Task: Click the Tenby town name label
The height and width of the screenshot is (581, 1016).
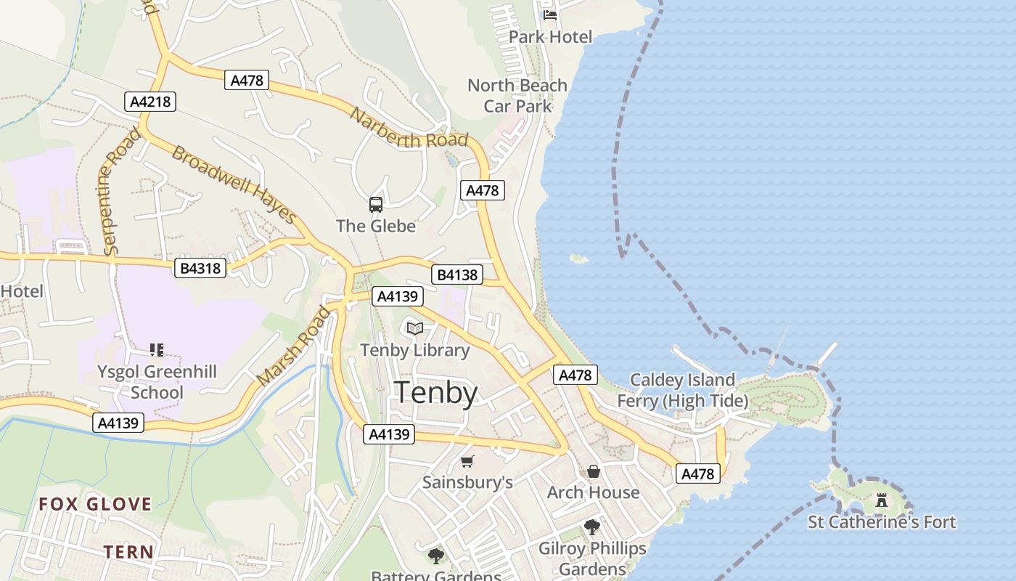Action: [x=435, y=393]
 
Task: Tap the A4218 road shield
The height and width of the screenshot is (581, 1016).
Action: [x=150, y=102]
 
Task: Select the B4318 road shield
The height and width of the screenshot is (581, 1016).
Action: [x=200, y=268]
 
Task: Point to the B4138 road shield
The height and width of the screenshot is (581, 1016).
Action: [x=456, y=275]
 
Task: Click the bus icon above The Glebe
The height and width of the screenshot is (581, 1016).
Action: [x=376, y=205]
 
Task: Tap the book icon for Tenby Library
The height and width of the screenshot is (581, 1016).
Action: [x=415, y=329]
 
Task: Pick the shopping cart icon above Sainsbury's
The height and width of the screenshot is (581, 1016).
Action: [x=467, y=461]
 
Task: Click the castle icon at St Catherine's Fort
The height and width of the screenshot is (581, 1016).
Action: [x=882, y=500]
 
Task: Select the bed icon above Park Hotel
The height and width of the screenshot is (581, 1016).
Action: [x=550, y=15]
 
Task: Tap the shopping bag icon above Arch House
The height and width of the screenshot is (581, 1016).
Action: [x=594, y=472]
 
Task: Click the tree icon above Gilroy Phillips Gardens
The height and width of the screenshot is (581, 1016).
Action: [x=592, y=527]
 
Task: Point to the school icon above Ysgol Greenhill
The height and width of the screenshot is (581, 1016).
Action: [x=157, y=351]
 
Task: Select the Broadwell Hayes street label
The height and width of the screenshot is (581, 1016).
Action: [x=234, y=184]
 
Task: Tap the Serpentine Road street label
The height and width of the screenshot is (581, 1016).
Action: [x=122, y=192]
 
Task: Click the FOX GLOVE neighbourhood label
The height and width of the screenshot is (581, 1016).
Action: [x=95, y=504]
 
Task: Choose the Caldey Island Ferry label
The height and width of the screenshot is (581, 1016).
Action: [x=682, y=390]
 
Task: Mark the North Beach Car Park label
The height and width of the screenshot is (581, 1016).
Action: [x=517, y=96]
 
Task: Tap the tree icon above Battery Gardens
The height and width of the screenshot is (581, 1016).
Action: [x=436, y=556]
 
